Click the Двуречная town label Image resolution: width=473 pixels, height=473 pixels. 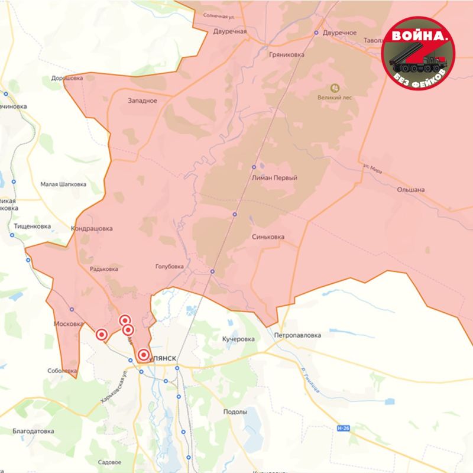tap(230, 31)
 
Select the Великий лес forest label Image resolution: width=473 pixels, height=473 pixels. tap(335, 98)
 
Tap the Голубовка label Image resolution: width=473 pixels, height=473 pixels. tap(169, 267)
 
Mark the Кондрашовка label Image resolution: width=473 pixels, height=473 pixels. tap(92, 228)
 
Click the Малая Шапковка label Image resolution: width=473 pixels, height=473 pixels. tap(63, 184)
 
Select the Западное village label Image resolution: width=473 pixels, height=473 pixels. tap(142, 101)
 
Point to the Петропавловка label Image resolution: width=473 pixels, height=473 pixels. tap(297, 335)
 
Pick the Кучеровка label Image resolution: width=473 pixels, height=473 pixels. tap(238, 339)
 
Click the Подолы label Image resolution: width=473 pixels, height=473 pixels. tap(235, 412)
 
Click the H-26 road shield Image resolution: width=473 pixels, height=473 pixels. tap(342, 427)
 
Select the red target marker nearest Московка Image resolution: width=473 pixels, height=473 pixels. tap(102, 335)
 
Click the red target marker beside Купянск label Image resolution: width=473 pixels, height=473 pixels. tap(143, 355)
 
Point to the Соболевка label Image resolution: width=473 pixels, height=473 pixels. tap(62, 371)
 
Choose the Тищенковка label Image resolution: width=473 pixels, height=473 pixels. tap(32, 226)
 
